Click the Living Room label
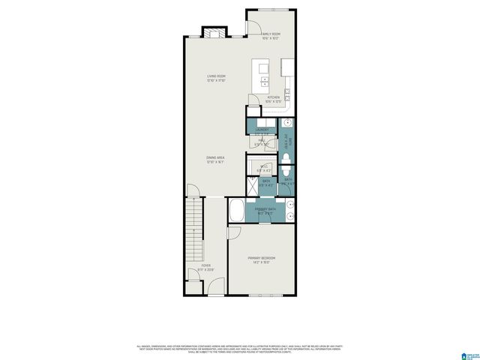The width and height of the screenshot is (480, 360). tap(217, 78)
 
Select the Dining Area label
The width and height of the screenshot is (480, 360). tap(216, 159)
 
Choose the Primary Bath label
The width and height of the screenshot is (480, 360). tap(262, 211)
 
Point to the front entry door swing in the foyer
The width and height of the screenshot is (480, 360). tap(215, 287)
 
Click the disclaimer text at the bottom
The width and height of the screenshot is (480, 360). tap(240, 349)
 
